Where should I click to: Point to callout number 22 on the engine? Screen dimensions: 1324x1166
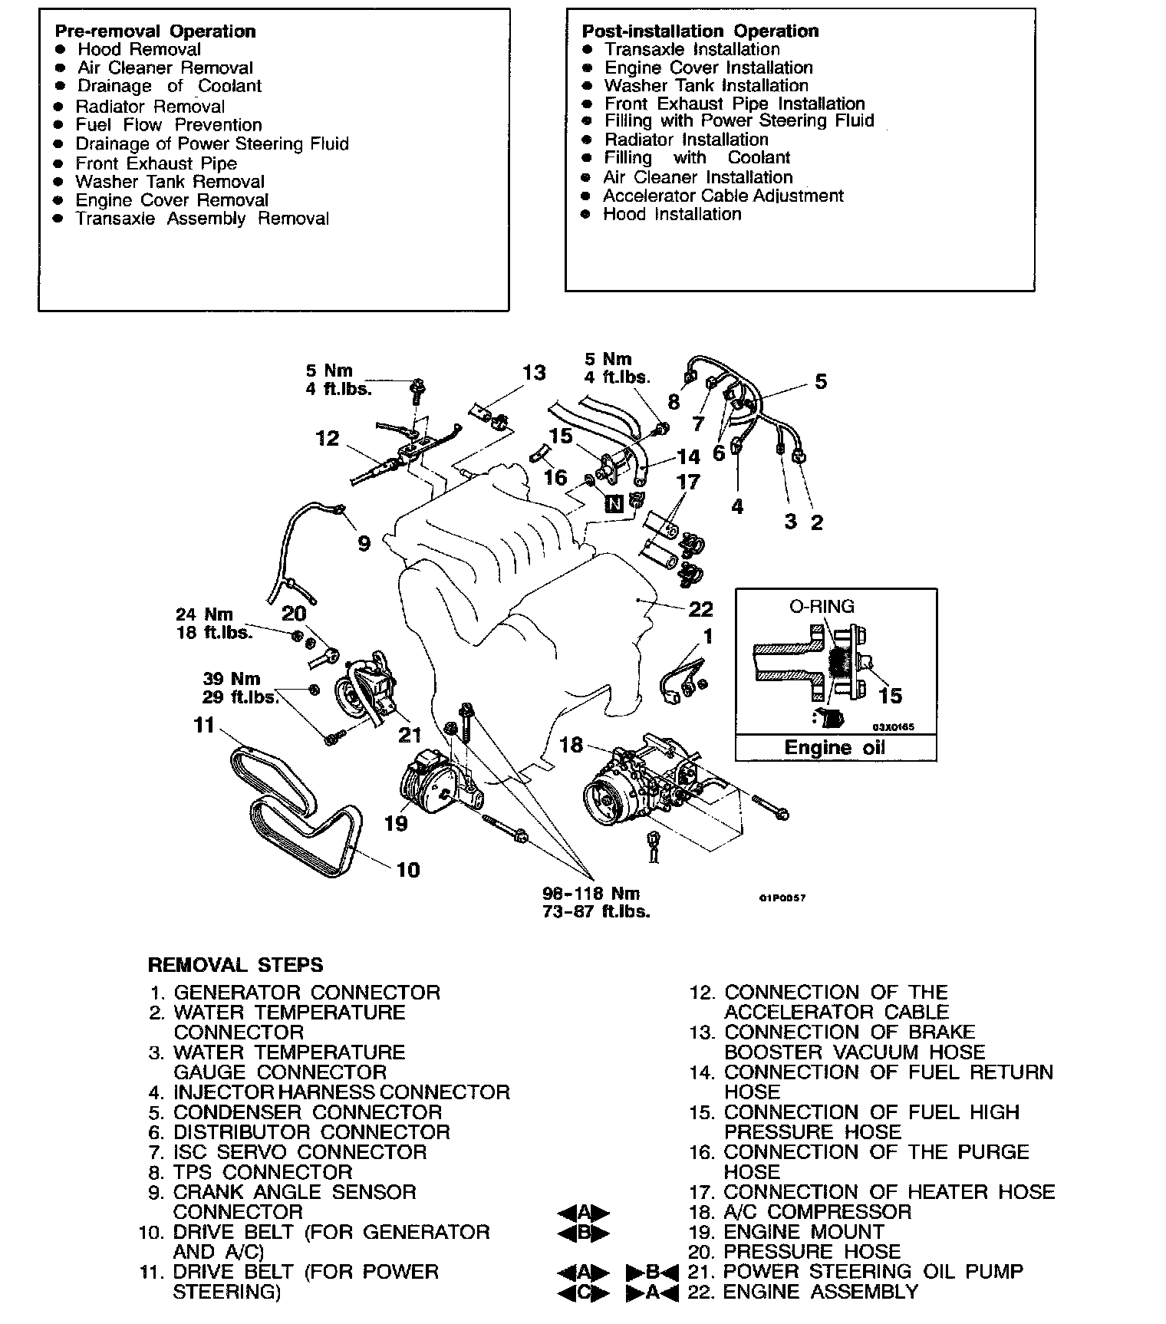pos(701,609)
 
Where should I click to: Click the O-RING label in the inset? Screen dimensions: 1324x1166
pos(822,607)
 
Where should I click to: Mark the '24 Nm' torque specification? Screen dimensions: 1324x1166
pos(204,614)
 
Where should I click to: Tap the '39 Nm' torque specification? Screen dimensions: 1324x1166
pos(232,679)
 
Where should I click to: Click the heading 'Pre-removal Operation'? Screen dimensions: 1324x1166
pos(155,31)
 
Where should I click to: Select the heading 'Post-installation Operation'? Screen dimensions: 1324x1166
pos(700,31)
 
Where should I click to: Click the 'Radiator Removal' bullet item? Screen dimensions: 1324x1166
pos(150,107)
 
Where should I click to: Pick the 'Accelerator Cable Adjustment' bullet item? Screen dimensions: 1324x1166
pos(723,196)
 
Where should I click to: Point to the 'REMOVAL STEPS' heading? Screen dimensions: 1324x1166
pos(236,965)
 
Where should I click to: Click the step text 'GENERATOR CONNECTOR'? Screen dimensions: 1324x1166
pos(307,993)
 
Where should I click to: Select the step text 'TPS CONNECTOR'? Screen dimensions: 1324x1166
pos(263,1172)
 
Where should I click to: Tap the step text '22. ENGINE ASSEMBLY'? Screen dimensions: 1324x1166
pos(820,1292)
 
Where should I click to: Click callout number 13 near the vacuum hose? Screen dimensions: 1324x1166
pos(534,373)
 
